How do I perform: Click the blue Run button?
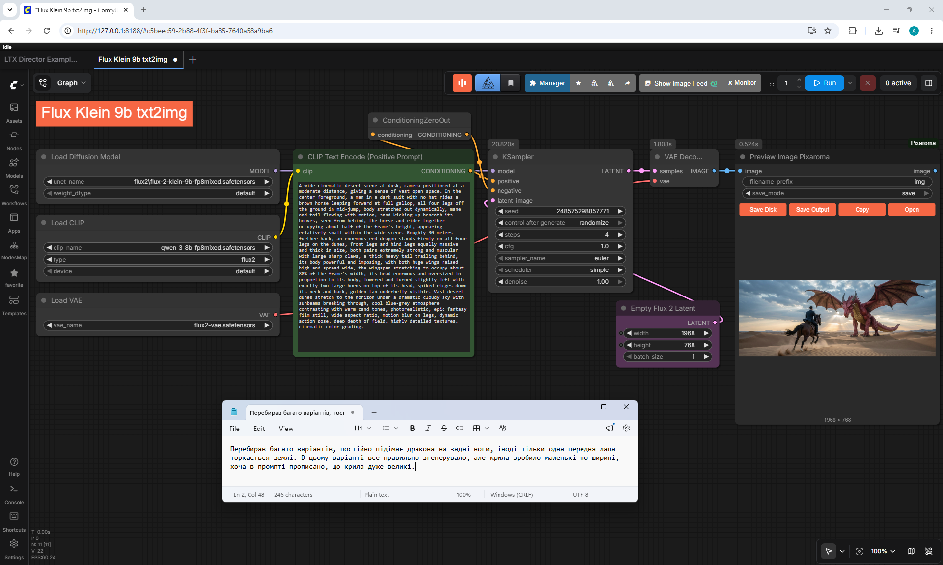(x=824, y=83)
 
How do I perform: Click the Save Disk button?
(x=763, y=210)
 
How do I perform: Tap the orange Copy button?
(x=862, y=210)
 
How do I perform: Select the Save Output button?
(x=812, y=210)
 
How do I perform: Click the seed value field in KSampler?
(x=560, y=211)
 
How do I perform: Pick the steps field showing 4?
(x=560, y=235)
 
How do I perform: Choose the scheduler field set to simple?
(x=560, y=270)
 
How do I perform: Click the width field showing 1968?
(x=667, y=333)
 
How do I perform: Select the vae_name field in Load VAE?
(x=158, y=325)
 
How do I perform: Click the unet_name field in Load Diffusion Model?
(x=158, y=182)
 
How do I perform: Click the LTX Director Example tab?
(x=41, y=59)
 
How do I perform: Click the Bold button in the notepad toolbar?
(x=412, y=428)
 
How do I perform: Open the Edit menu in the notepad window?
(x=259, y=429)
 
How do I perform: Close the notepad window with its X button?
(x=626, y=407)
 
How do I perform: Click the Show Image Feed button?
(x=680, y=83)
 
